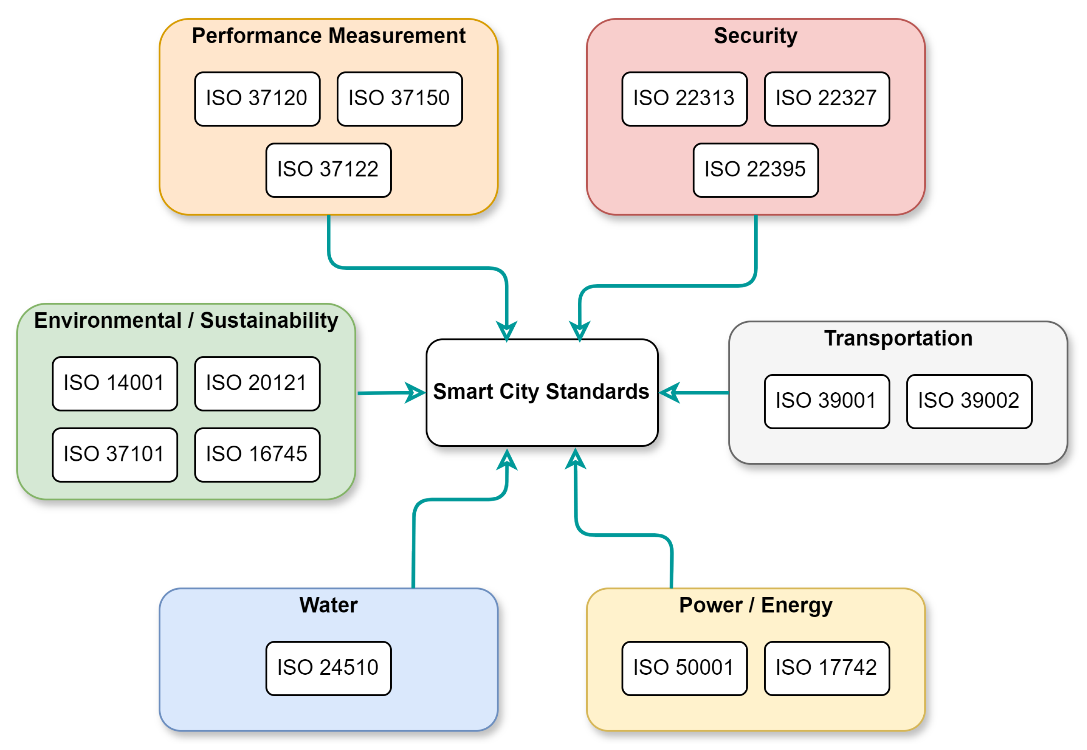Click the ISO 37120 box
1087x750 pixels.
257,99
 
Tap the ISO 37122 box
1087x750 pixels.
328,170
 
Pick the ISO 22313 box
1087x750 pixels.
684,99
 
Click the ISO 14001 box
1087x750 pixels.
115,383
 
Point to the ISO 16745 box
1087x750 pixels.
257,455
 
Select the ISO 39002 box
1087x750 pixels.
969,401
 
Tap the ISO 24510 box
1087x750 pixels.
328,668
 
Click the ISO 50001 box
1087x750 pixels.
684,668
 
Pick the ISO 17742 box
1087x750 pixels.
826,668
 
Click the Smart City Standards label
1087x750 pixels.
541,392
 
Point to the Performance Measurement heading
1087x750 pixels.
328,36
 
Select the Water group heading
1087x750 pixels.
328,605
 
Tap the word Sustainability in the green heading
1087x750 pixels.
269,320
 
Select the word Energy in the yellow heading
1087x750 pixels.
796,605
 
